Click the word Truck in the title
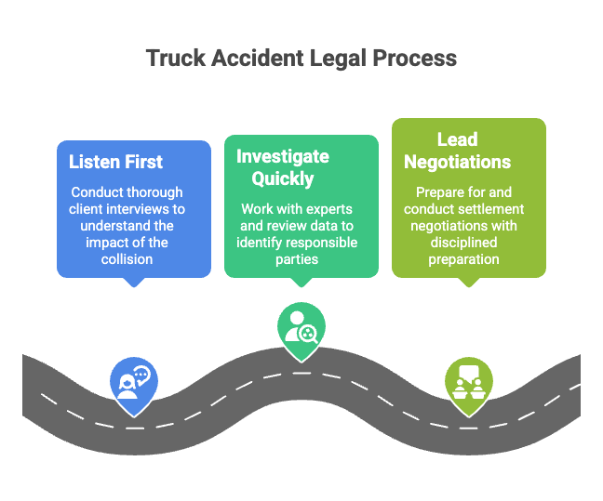[x=176, y=59]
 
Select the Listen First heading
[x=115, y=162]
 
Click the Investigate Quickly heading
[x=282, y=167]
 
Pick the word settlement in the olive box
[x=489, y=209]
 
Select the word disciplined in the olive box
[x=470, y=243]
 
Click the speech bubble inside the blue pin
[x=141, y=375]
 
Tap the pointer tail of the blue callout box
[x=133, y=282]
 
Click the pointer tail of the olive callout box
[x=468, y=282]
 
